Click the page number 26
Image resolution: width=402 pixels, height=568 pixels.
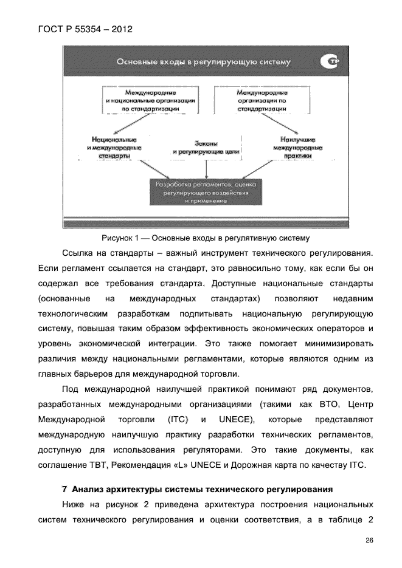[x=369, y=541]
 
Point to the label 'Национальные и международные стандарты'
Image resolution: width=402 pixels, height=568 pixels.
[x=114, y=148]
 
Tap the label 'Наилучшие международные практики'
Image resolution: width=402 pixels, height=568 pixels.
[x=297, y=148]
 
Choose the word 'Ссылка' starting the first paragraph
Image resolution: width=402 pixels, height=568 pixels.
[x=79, y=252]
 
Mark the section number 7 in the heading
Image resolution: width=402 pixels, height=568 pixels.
[x=64, y=488]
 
